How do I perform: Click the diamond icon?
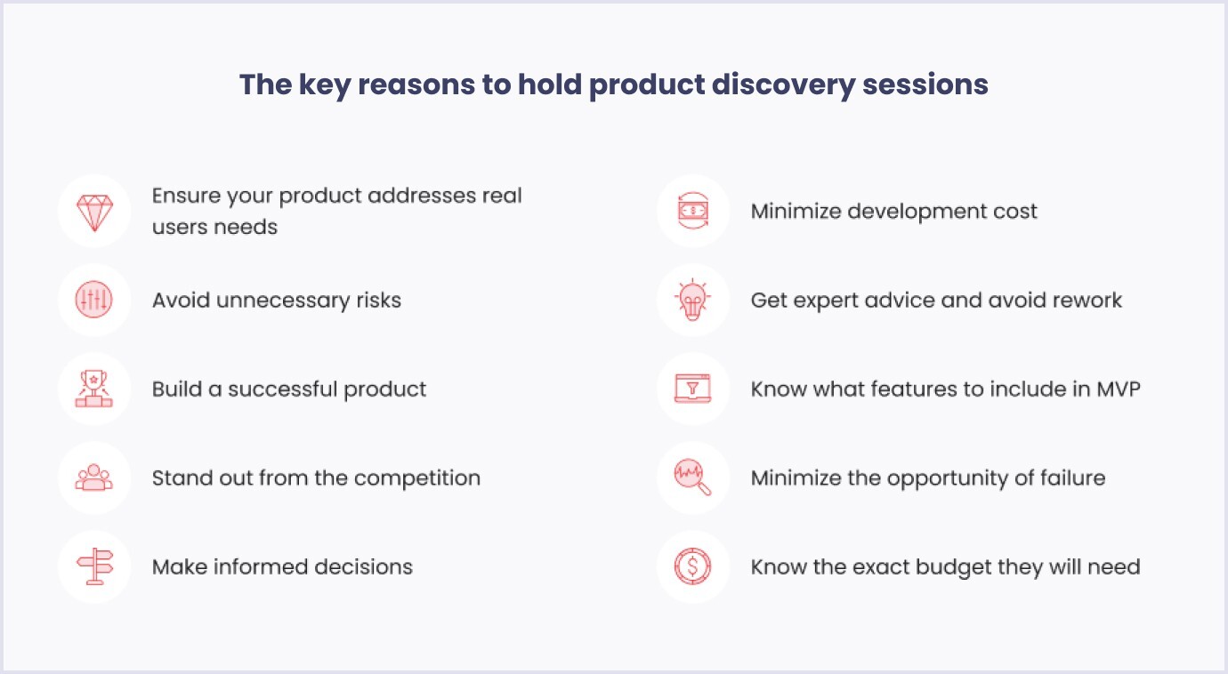pyautogui.click(x=94, y=212)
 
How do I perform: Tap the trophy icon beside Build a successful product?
pyautogui.click(x=93, y=389)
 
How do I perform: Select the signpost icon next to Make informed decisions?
pyautogui.click(x=95, y=566)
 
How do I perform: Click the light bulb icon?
pyautogui.click(x=692, y=300)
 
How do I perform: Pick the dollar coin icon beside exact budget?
pyautogui.click(x=692, y=566)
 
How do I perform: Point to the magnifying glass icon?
pyautogui.click(x=692, y=477)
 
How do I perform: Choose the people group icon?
pyautogui.click(x=93, y=477)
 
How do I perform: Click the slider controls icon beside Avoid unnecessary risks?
pyautogui.click(x=93, y=300)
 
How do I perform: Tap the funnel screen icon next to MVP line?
pyautogui.click(x=692, y=389)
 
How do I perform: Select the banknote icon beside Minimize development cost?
pyautogui.click(x=693, y=211)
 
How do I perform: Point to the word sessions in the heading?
pyautogui.click(x=925, y=84)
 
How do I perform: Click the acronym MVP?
pyautogui.click(x=1119, y=389)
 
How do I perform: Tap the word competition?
pyautogui.click(x=417, y=478)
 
